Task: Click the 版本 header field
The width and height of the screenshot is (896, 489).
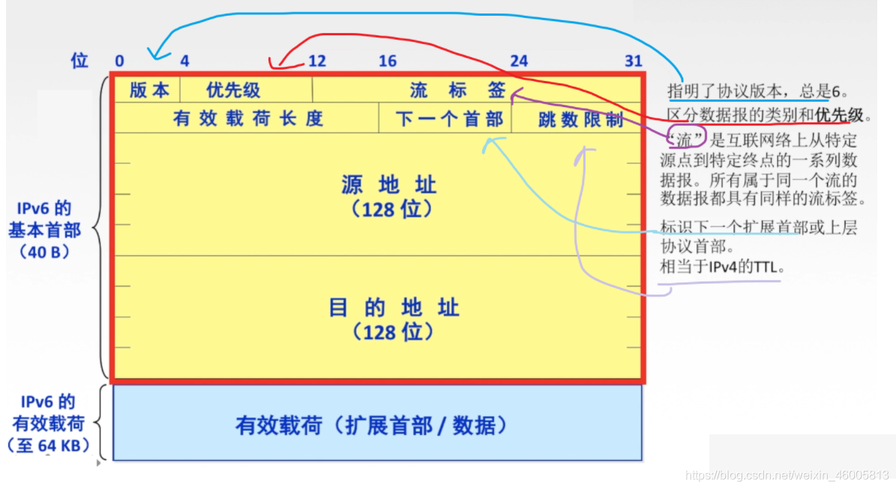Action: (x=149, y=91)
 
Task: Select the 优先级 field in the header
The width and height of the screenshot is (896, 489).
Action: (x=233, y=91)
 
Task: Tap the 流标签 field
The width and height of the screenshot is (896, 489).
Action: (x=458, y=91)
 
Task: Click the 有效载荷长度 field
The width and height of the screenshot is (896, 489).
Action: (x=247, y=118)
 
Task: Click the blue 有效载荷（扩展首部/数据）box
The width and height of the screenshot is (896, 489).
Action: (x=377, y=425)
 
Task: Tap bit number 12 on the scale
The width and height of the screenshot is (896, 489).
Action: (x=317, y=61)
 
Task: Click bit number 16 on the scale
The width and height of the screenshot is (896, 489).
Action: (x=387, y=61)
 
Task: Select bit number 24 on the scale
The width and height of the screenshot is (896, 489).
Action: (x=519, y=61)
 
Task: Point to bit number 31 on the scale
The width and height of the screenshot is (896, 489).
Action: (x=634, y=61)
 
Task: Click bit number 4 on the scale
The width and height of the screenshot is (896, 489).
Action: (x=184, y=61)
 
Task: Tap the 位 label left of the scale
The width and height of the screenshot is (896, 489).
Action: (x=79, y=61)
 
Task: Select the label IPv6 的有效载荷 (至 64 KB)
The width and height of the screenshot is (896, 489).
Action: (x=46, y=423)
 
